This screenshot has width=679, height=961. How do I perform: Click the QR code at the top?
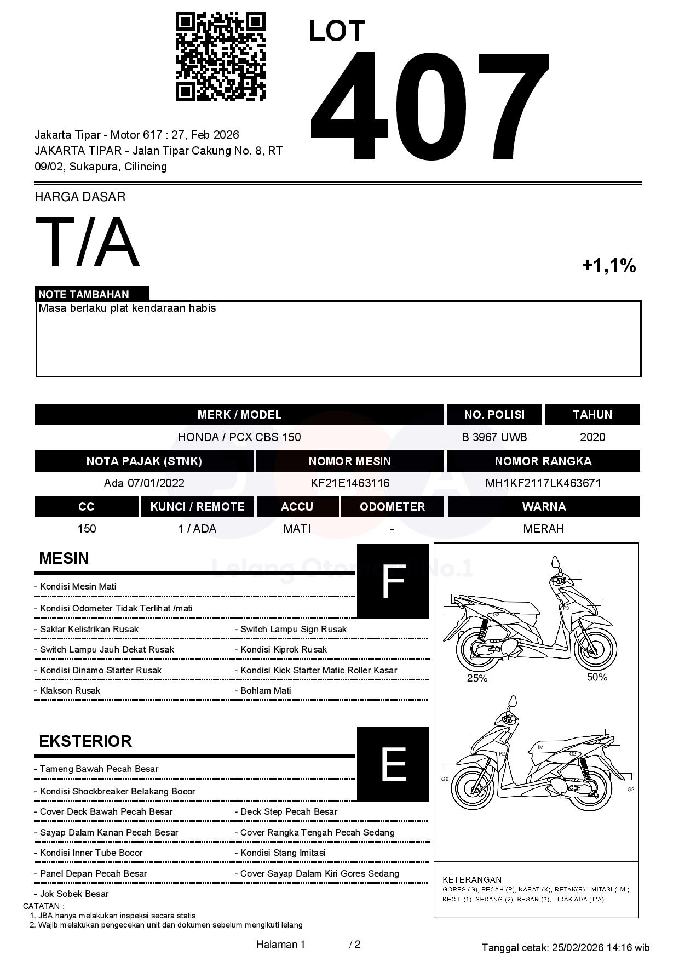coord(220,56)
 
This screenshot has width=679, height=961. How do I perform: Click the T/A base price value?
coord(88,242)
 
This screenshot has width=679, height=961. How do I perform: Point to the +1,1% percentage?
coord(608,266)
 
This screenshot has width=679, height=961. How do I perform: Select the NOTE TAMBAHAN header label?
coord(84,294)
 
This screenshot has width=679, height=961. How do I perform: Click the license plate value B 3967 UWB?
coord(494,437)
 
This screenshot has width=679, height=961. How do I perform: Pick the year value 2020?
coord(592,437)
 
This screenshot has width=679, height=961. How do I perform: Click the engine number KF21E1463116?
coord(349,483)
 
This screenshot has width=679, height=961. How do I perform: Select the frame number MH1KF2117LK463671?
coord(543,483)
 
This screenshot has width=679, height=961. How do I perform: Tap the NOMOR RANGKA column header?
coord(543,461)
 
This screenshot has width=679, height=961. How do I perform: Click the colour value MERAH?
coord(543,529)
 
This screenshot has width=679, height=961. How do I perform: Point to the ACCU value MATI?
coord(297,529)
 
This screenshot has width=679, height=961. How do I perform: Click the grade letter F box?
coord(393,581)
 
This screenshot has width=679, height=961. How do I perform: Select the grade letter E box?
coord(393,764)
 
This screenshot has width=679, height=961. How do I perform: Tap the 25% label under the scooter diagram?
coord(477,678)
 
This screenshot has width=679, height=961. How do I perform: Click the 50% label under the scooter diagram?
coord(597,677)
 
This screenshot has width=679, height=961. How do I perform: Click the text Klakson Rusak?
coord(70,691)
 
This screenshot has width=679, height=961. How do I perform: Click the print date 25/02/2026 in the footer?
coord(577,947)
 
